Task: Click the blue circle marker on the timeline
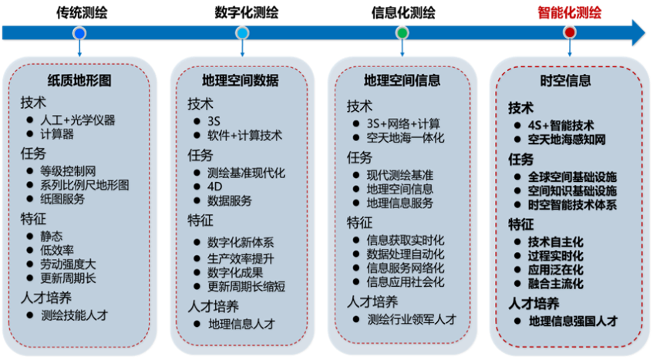click(x=79, y=33)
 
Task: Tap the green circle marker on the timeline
click(x=402, y=33)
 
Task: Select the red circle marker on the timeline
click(x=570, y=33)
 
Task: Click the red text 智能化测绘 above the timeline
click(x=570, y=12)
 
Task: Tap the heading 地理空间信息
click(x=402, y=80)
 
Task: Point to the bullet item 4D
click(x=214, y=187)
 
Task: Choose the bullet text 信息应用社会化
click(x=406, y=282)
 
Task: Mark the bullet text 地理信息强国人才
click(x=574, y=321)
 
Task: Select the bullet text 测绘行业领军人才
click(x=412, y=319)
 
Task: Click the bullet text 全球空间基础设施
click(x=573, y=177)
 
